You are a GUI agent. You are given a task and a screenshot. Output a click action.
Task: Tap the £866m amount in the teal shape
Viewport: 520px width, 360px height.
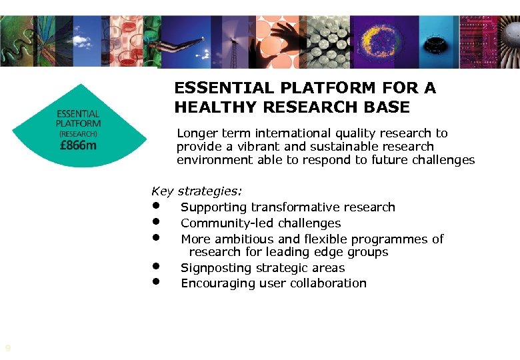point(77,145)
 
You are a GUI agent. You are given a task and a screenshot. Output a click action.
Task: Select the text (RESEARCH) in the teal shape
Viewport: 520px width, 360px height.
point(78,133)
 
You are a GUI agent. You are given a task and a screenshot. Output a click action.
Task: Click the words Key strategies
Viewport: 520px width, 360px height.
point(197,192)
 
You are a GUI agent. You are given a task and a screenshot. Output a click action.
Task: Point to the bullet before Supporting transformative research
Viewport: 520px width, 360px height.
point(155,205)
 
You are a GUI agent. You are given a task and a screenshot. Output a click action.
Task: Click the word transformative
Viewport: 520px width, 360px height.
point(296,207)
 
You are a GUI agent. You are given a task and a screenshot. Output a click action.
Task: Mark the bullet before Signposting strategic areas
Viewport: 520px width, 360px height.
point(155,265)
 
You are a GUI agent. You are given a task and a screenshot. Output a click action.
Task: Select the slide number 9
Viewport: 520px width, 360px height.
point(7,348)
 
